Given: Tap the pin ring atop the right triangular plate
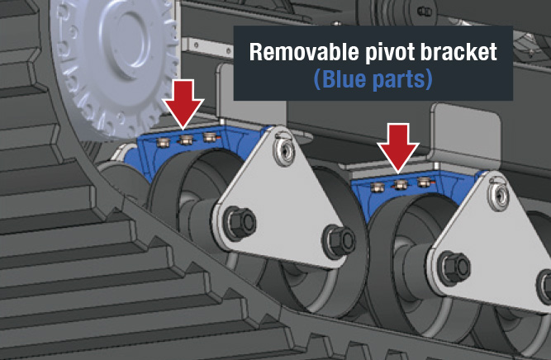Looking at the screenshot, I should [495, 188].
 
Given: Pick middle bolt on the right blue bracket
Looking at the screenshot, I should [400, 181].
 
